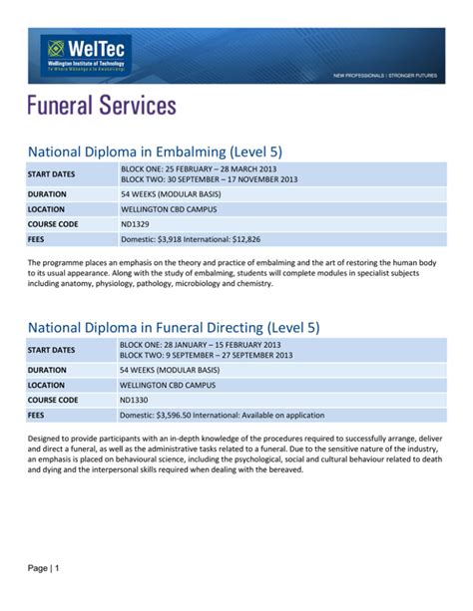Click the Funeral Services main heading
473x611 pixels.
pos(101,106)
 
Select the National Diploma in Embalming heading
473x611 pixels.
pos(155,152)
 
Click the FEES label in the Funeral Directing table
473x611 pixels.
pos(37,415)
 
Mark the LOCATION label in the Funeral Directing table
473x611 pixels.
pos(47,385)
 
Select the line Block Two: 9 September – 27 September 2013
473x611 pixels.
pos(206,355)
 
